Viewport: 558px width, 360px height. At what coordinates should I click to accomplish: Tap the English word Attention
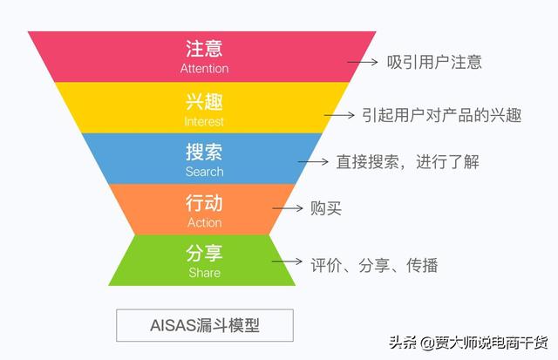click(204, 68)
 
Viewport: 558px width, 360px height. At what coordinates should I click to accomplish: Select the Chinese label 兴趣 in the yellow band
click(204, 101)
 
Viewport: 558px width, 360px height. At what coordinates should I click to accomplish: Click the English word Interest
click(204, 121)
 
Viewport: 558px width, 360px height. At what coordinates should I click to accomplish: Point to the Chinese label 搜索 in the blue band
click(204, 152)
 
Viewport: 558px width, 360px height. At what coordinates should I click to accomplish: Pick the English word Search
click(204, 172)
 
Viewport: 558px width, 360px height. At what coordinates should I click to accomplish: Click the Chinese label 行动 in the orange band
click(204, 203)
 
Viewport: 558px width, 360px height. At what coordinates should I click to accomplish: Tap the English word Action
click(204, 223)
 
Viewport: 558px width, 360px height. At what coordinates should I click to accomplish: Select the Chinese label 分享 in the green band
click(204, 254)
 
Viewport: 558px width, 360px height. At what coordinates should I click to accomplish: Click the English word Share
click(204, 273)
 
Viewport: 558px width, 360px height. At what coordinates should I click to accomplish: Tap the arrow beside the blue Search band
click(310, 162)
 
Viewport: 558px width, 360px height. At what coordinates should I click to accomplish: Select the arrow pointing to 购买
click(285, 208)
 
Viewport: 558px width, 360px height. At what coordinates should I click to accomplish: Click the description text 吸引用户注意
click(434, 62)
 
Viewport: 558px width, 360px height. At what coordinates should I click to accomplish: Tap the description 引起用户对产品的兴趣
click(441, 114)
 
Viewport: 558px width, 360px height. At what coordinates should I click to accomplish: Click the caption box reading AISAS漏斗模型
click(205, 325)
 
